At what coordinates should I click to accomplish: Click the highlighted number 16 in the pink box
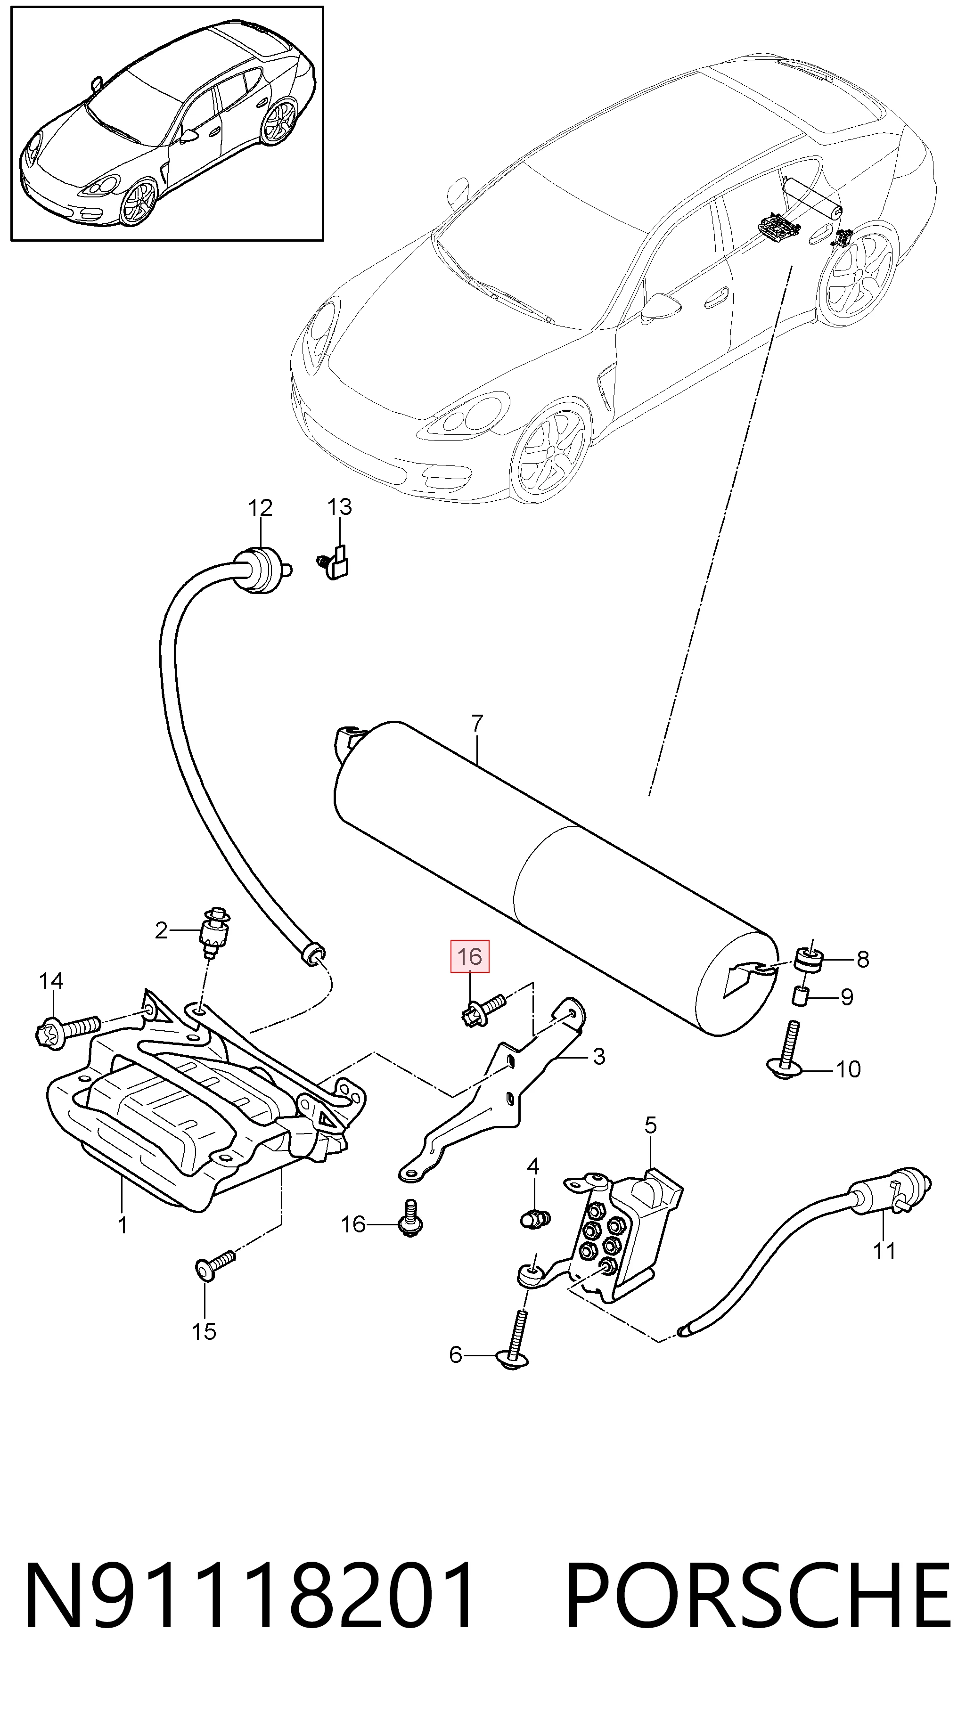(x=469, y=956)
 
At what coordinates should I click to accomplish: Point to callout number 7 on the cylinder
(x=477, y=723)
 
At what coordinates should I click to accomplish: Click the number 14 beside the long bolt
(x=51, y=981)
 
